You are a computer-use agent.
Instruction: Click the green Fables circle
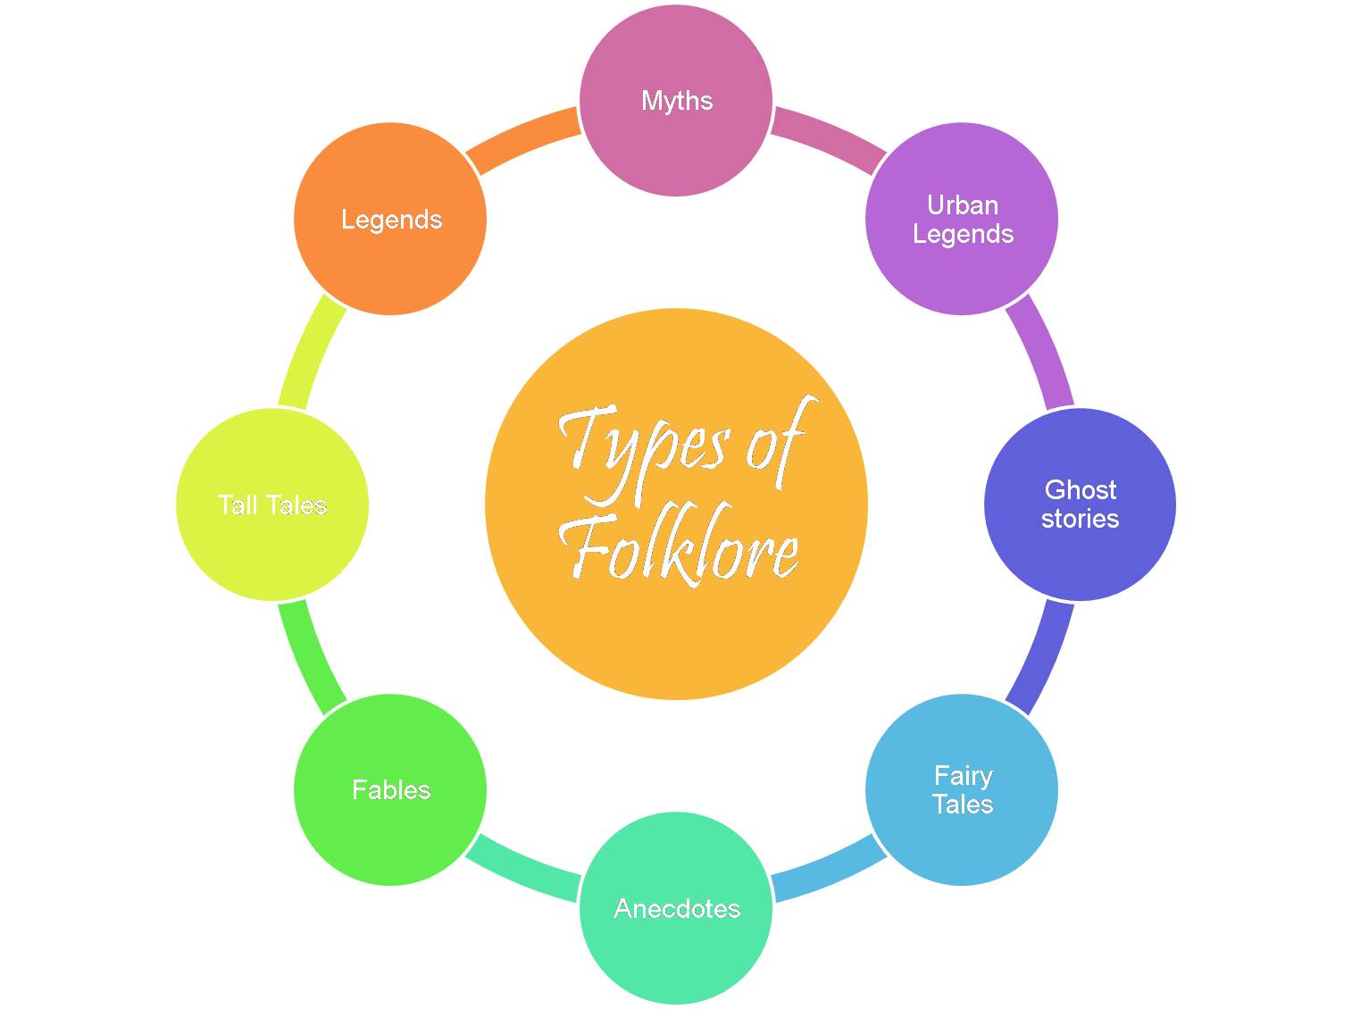(390, 830)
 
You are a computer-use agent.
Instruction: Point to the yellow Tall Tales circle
(272, 545)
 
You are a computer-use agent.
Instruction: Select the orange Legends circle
(390, 259)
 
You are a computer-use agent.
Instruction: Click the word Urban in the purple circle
(962, 205)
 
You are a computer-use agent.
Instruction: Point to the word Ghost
(1080, 489)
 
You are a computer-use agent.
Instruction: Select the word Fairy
(962, 775)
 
